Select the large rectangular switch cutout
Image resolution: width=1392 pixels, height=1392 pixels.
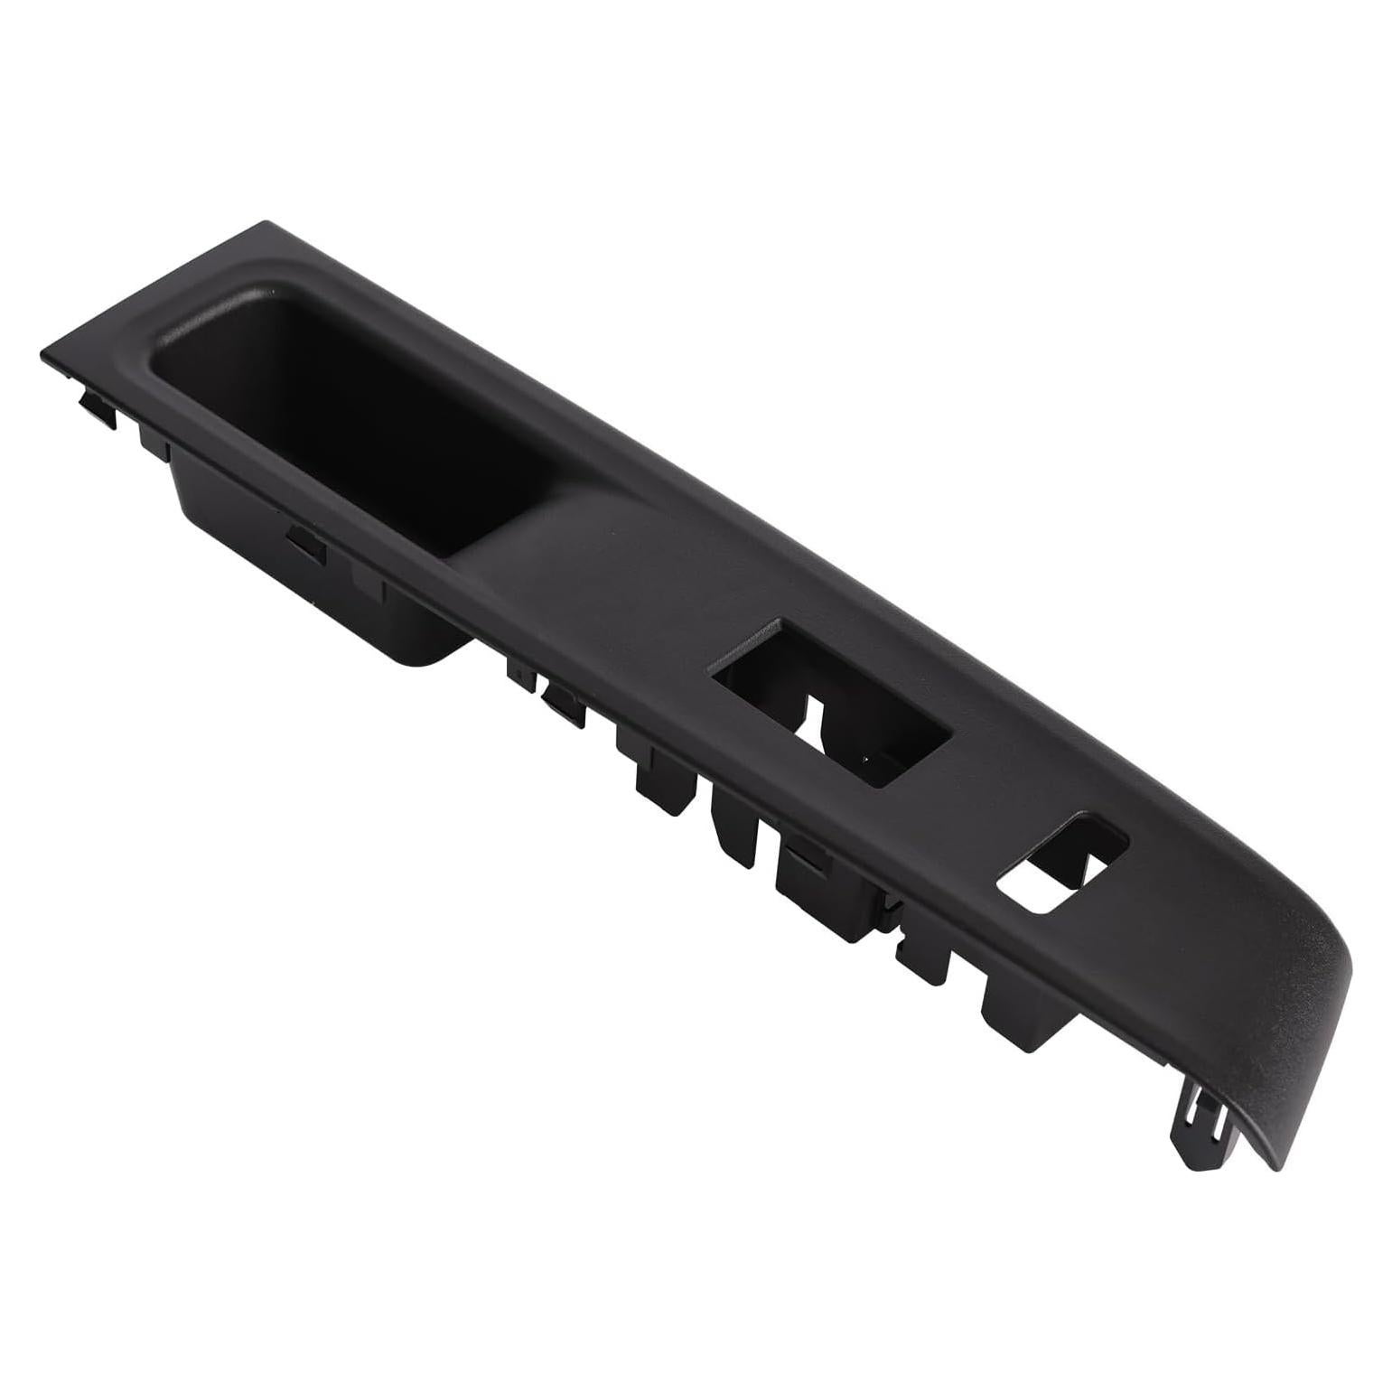[x=831, y=700]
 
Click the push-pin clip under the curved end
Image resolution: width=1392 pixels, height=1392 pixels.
[x=1201, y=1120]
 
